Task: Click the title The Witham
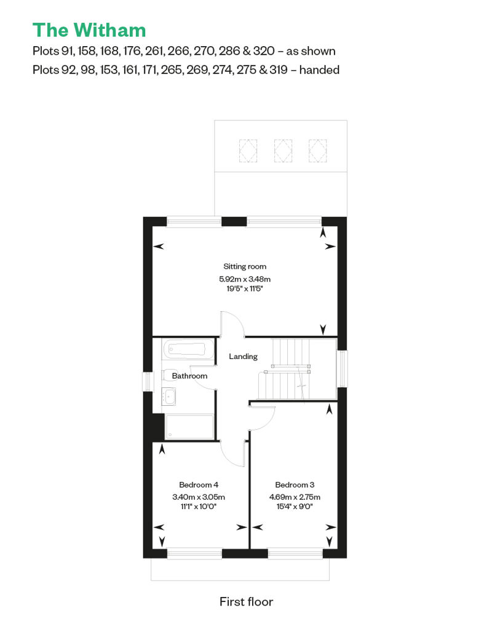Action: [x=89, y=30]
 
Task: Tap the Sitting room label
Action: [x=245, y=266]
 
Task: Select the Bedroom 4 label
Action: [x=199, y=485]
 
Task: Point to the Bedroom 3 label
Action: [x=295, y=485]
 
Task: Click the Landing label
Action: [x=243, y=356]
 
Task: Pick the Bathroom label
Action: [x=189, y=376]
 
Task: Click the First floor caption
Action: [x=246, y=602]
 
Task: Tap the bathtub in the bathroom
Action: [x=188, y=349]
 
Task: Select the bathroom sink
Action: [x=169, y=397]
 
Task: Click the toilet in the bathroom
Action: [x=168, y=375]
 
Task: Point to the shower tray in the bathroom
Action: [x=189, y=427]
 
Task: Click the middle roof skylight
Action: [x=283, y=151]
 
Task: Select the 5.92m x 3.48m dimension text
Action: [x=245, y=279]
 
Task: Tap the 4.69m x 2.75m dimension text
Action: [x=295, y=497]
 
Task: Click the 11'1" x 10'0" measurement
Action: [x=199, y=507]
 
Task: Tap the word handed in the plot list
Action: [x=319, y=70]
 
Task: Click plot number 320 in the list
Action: [x=264, y=51]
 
